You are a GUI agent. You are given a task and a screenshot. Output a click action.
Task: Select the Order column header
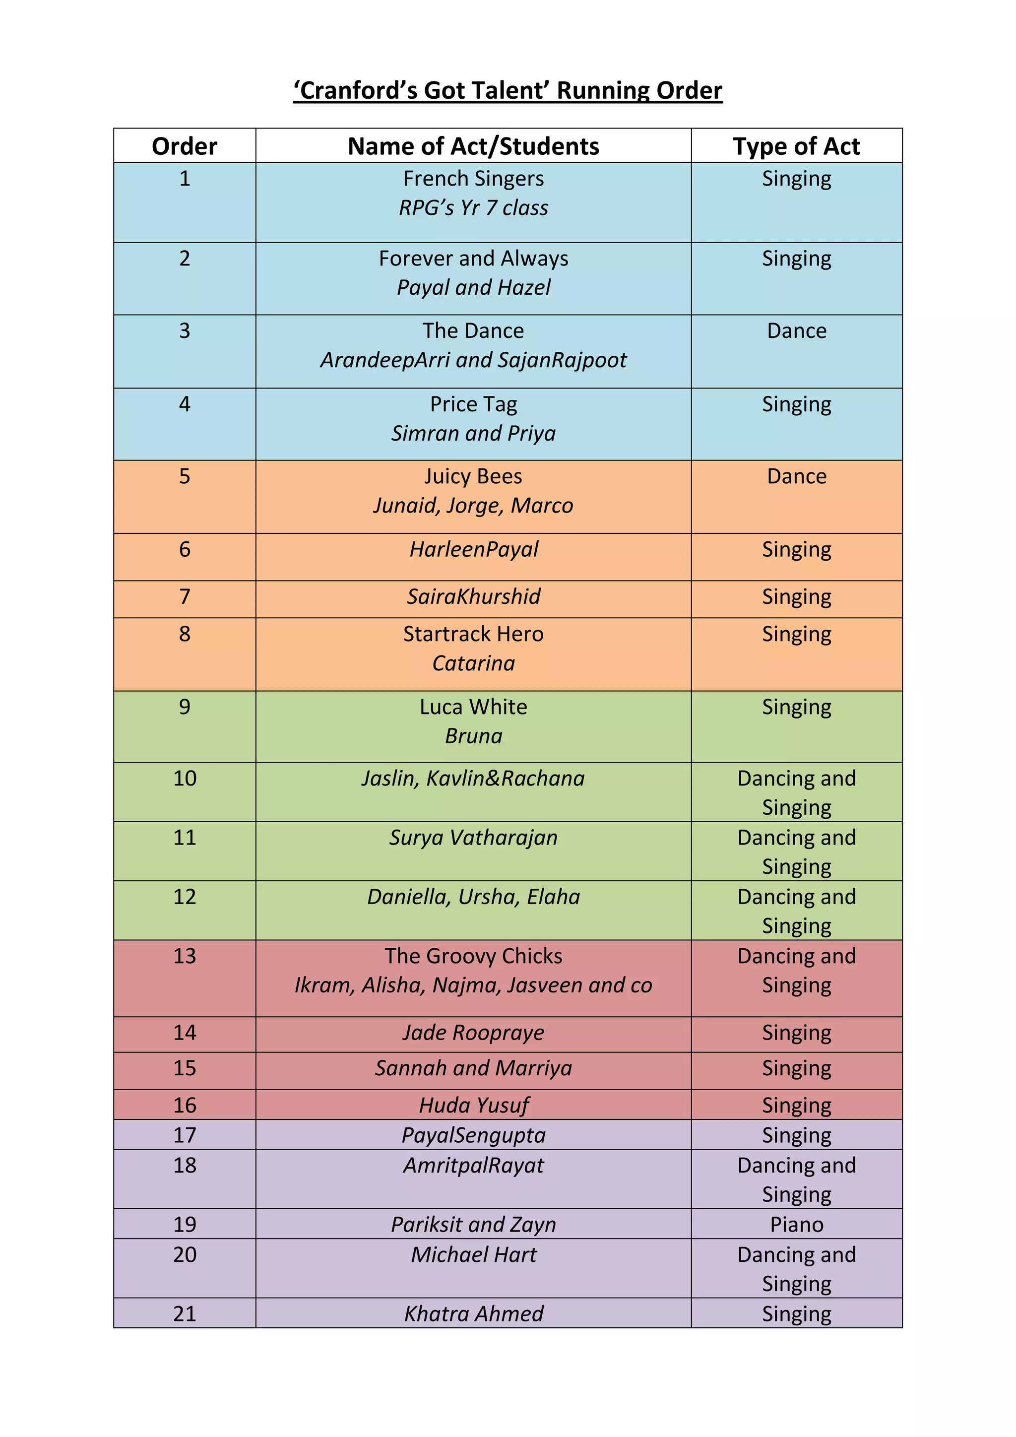[x=185, y=146]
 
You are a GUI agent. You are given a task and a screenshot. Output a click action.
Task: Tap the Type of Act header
[x=796, y=146]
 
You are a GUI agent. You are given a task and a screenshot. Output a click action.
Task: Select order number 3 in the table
[x=185, y=331]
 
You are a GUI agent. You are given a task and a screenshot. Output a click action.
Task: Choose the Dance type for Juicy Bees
[x=796, y=477]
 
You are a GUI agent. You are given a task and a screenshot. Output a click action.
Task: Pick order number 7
[x=185, y=597]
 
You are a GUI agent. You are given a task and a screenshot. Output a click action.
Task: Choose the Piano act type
[x=796, y=1225]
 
